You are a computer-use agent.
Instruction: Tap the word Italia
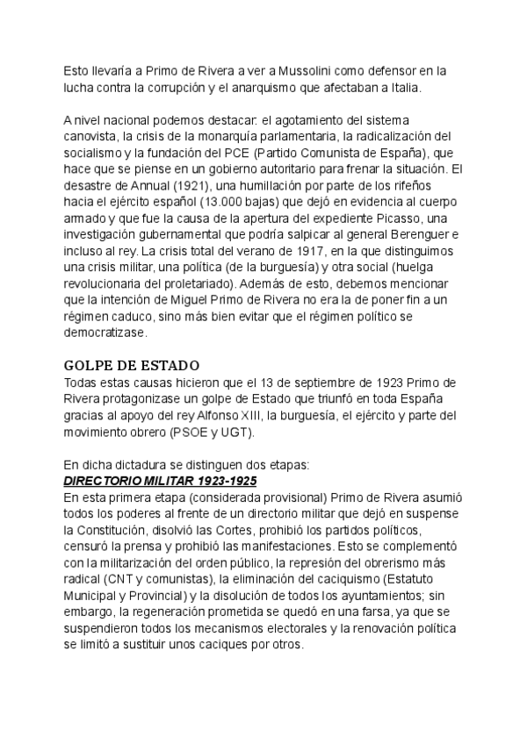click(402, 87)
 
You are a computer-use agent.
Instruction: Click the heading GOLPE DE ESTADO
click(132, 365)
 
